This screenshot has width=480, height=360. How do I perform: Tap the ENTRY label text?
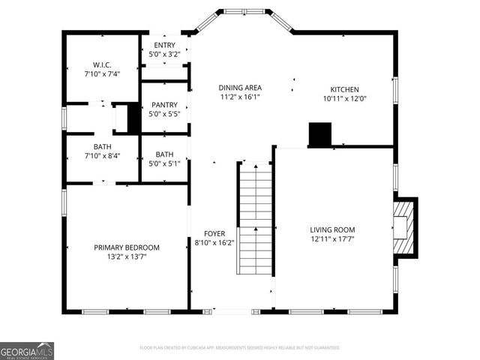(x=163, y=45)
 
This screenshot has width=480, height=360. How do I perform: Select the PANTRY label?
(x=163, y=105)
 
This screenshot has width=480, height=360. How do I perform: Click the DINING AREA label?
(x=240, y=88)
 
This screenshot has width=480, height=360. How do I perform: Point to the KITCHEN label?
(x=345, y=88)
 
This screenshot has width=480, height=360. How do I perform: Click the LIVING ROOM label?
(x=332, y=230)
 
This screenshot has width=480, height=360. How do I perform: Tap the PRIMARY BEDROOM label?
(x=127, y=247)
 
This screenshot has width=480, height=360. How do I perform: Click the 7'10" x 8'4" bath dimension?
(x=102, y=156)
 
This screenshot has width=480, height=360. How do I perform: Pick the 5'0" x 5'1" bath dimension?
(x=163, y=163)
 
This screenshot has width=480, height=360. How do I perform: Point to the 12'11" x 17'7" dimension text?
(x=332, y=239)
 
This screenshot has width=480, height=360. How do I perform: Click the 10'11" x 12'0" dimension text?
(x=345, y=98)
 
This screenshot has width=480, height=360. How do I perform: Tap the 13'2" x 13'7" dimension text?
(x=127, y=256)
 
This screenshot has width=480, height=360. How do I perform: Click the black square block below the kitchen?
(x=320, y=134)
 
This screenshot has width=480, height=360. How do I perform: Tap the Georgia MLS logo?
(x=27, y=351)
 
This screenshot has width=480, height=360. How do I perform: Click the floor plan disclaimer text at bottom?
(x=240, y=348)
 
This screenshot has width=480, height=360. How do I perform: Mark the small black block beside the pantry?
(x=133, y=118)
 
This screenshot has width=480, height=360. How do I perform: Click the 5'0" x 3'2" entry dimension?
(x=163, y=54)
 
